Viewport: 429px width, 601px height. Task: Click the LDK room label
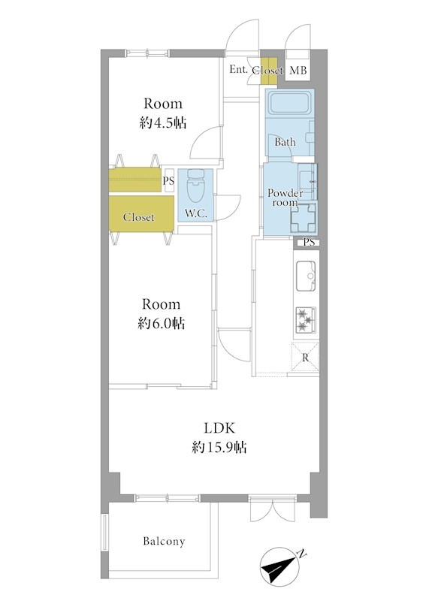click(x=219, y=427)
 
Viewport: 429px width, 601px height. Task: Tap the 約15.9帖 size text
click(x=219, y=447)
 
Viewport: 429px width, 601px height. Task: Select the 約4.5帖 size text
click(x=163, y=123)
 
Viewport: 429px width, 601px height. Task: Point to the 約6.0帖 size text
click(x=162, y=324)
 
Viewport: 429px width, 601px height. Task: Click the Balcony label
click(x=164, y=541)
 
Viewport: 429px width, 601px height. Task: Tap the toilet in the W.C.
click(x=196, y=186)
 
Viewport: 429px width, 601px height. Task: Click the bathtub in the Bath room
click(x=290, y=103)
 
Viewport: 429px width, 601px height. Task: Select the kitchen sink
click(x=306, y=276)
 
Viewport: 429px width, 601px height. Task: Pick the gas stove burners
click(x=306, y=319)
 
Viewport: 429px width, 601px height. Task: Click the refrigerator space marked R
click(x=305, y=358)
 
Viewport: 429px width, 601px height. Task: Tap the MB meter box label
click(x=298, y=70)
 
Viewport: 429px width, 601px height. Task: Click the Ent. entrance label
click(x=239, y=69)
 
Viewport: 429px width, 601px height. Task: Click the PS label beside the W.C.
click(x=168, y=180)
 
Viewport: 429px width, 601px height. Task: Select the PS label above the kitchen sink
click(x=310, y=242)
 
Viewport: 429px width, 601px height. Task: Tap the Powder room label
click(x=285, y=198)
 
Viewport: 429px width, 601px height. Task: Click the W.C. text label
click(x=196, y=214)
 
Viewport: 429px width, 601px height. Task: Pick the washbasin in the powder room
click(x=307, y=181)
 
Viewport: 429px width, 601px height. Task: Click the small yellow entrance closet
click(x=269, y=71)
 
